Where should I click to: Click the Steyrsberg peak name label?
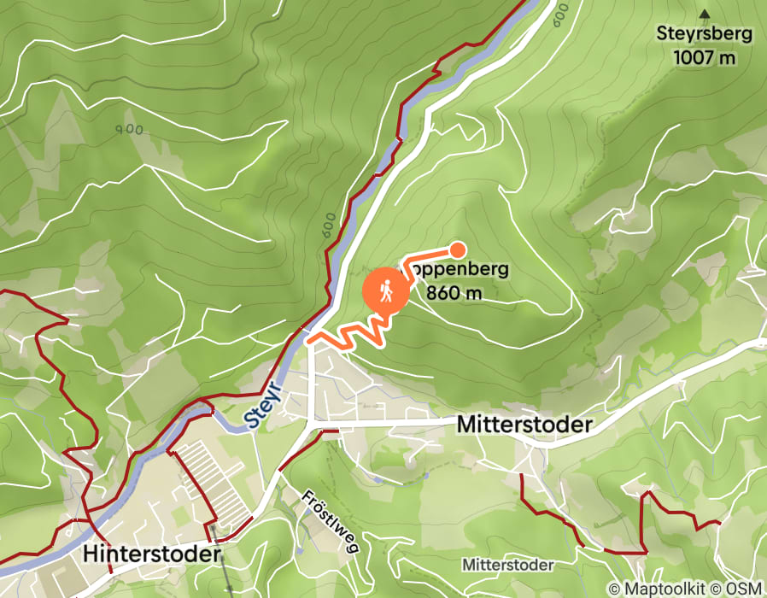tap(704, 35)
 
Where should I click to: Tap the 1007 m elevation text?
tap(704, 57)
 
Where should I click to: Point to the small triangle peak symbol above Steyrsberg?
tap(705, 14)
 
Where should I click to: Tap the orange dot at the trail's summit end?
tap(458, 249)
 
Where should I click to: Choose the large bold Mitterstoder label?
tap(524, 425)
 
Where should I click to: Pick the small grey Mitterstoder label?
tap(507, 566)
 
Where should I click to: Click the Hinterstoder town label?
tap(152, 554)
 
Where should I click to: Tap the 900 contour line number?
tap(128, 130)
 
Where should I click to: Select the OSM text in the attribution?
tap(745, 589)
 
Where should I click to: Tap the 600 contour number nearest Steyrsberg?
tap(559, 13)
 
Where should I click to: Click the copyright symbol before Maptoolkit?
tap(614, 589)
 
